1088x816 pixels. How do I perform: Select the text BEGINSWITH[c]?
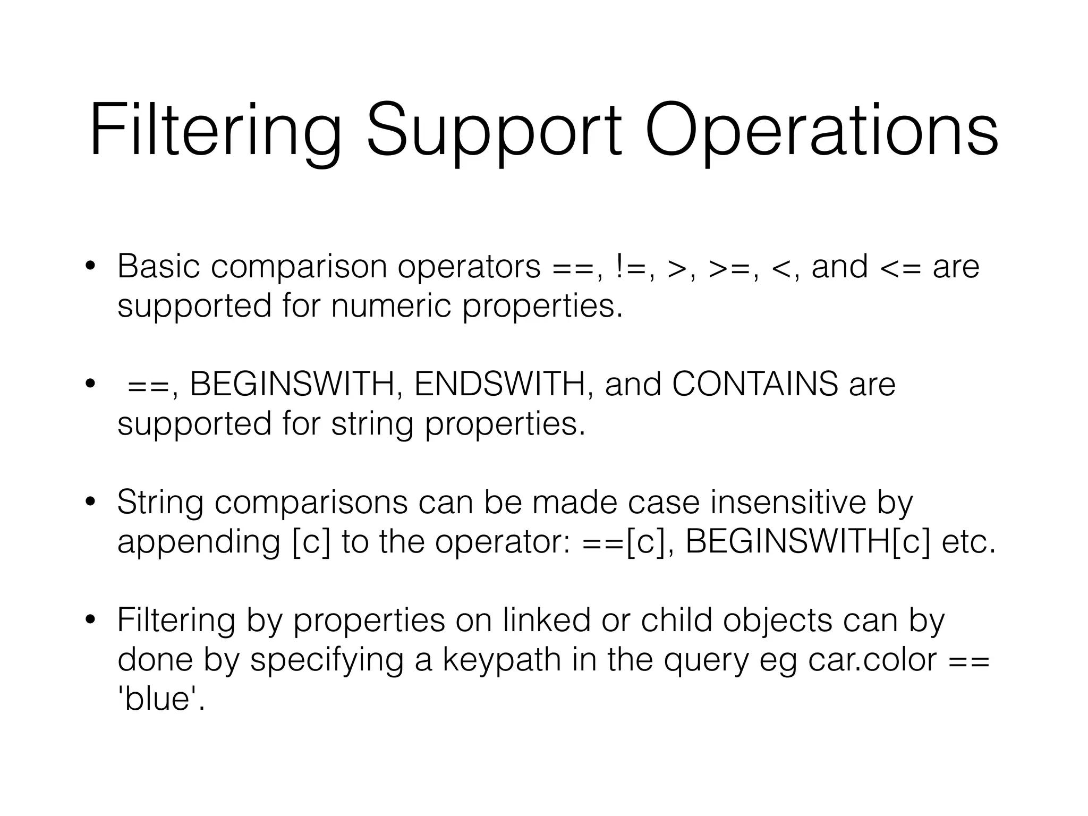point(808,542)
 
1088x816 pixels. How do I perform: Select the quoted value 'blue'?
point(161,699)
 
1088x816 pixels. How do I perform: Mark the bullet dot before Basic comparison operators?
point(91,266)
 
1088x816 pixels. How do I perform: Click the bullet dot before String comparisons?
point(91,501)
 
